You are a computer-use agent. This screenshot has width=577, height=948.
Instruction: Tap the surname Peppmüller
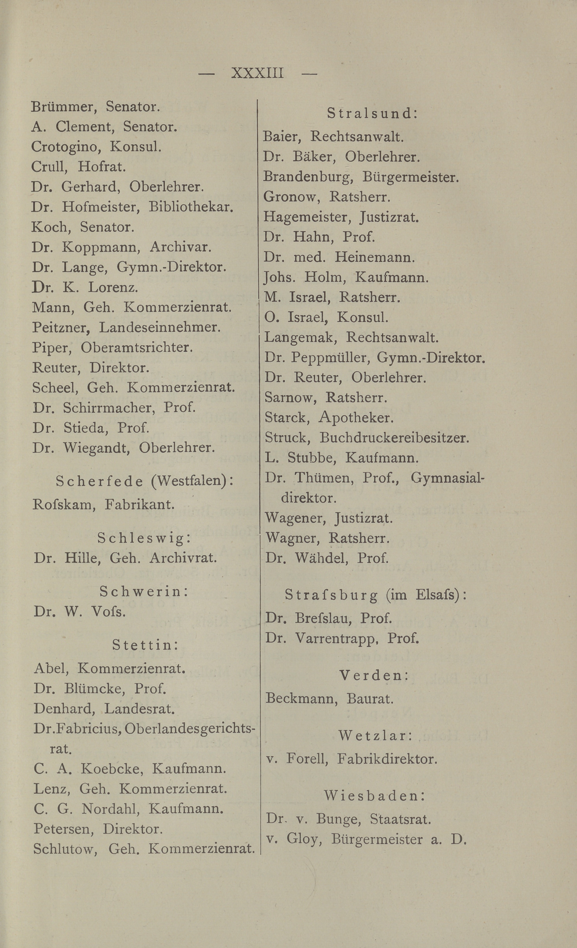(x=330, y=358)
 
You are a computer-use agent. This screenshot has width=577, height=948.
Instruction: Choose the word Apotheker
(x=356, y=418)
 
